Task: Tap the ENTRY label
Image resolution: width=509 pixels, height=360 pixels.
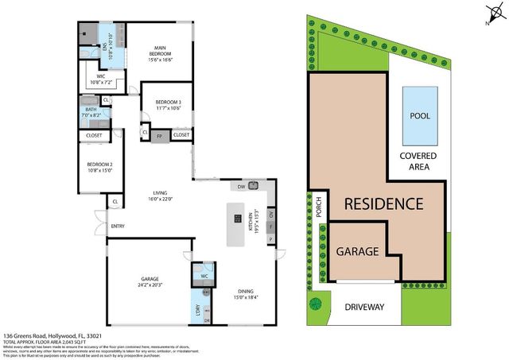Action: tap(118, 226)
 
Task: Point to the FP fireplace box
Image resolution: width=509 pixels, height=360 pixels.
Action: tap(160, 136)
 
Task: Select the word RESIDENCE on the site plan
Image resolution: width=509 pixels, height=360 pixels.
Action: tap(383, 203)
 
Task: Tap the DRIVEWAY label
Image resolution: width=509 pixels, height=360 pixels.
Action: tap(364, 307)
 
